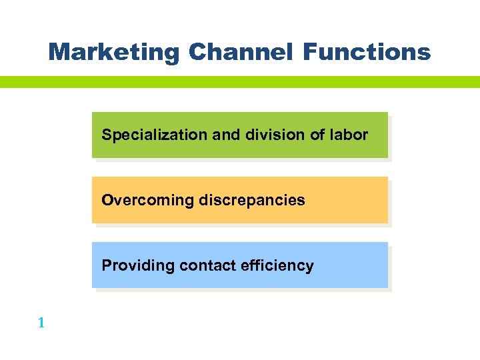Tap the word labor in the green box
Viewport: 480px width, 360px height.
coord(349,135)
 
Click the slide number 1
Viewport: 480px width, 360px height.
coord(41,323)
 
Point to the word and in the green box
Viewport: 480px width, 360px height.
coord(225,135)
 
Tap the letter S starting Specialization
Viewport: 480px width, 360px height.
coord(106,135)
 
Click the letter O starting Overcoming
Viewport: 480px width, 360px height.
coord(107,200)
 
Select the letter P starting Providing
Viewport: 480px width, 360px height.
coord(106,265)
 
